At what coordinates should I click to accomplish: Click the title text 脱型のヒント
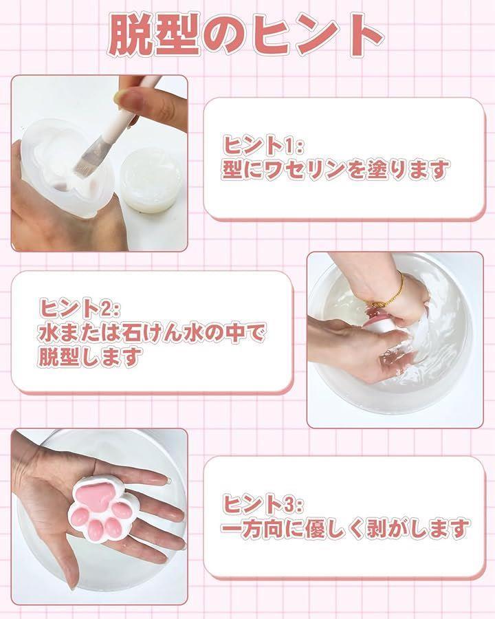[245, 35]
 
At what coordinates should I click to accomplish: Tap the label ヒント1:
[263, 145]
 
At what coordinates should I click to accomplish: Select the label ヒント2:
[79, 308]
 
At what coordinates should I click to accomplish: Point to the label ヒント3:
[263, 503]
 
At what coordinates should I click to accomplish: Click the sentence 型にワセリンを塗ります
[335, 170]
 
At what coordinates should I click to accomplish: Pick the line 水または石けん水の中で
[152, 332]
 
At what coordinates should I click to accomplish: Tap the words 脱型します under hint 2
[90, 357]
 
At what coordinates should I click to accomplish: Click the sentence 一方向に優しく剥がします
[345, 528]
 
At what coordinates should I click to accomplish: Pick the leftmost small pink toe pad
[80, 514]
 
